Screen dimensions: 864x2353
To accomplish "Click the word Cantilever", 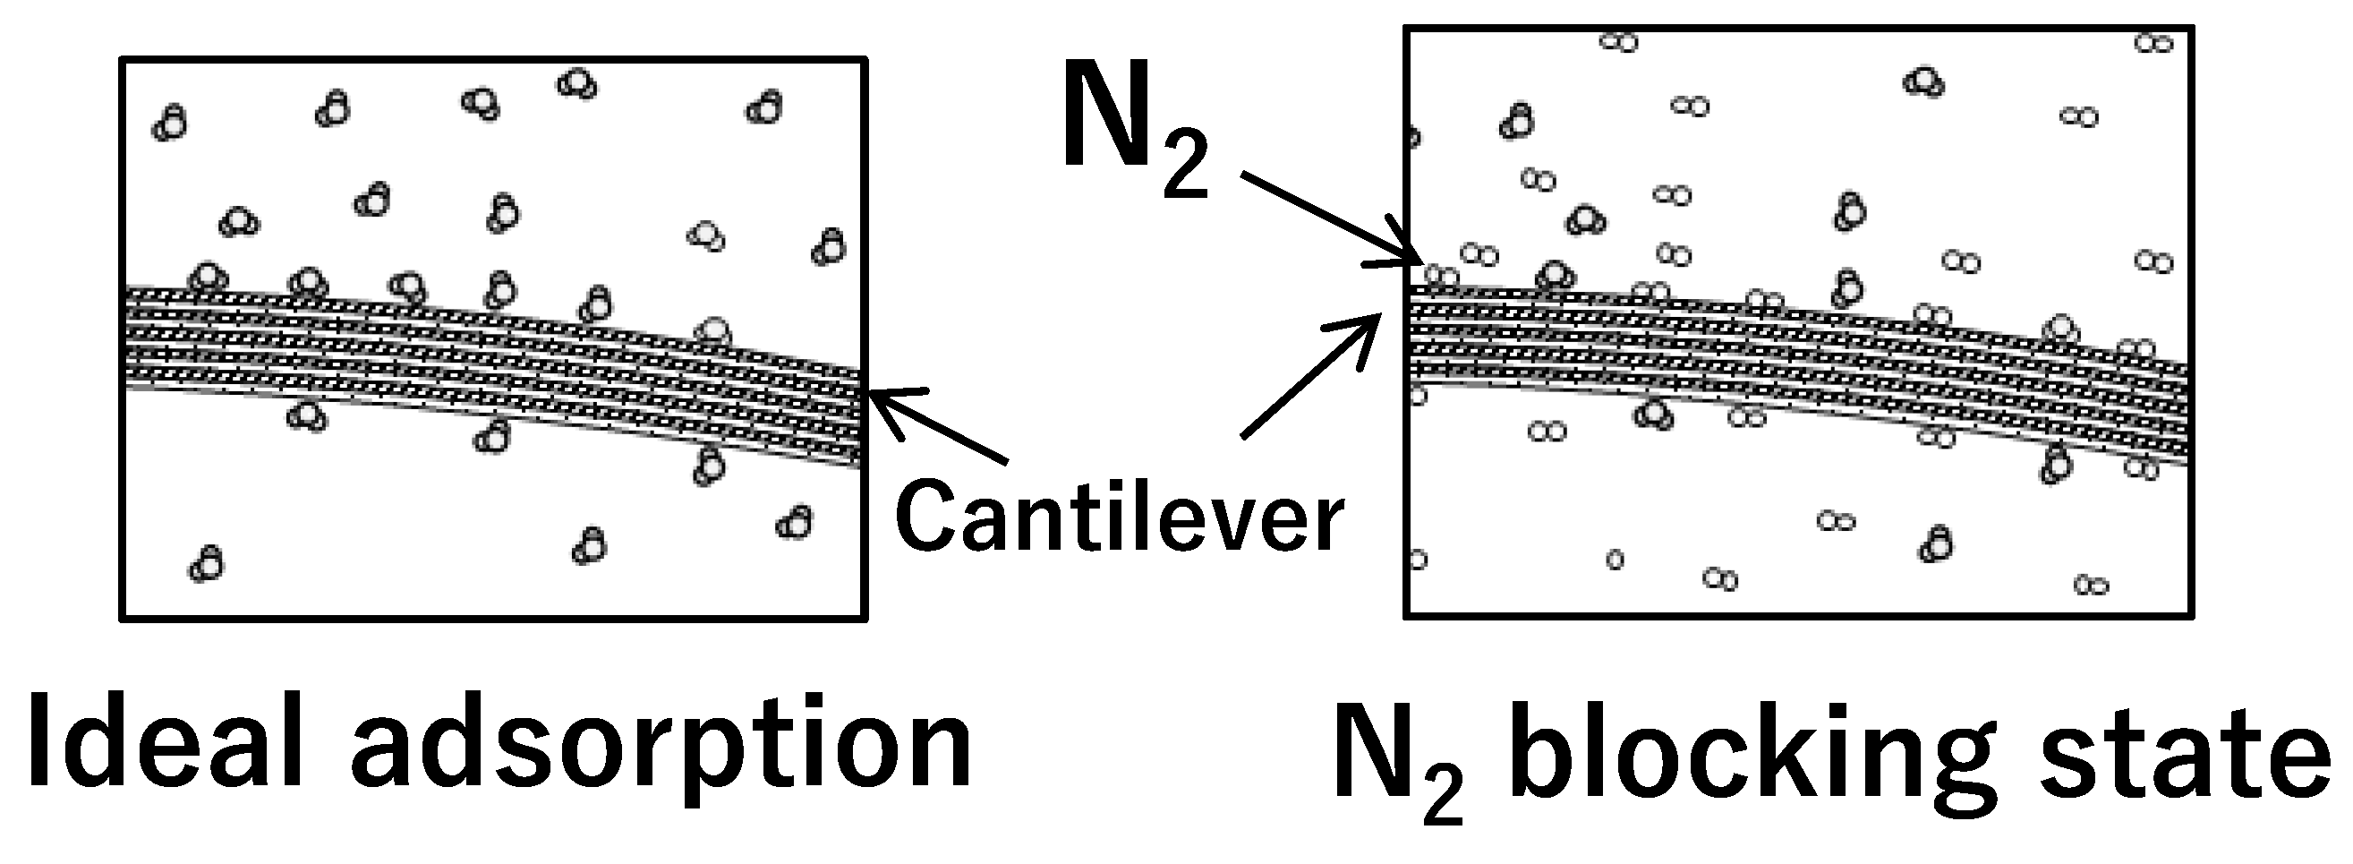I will click(1120, 518).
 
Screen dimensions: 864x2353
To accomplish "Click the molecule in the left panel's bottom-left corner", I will click(207, 564).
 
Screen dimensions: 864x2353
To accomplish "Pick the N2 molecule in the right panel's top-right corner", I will click(2153, 43).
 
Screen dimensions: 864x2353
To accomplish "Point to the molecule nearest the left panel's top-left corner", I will click(171, 123).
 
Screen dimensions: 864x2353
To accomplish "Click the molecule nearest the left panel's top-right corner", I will click(764, 107).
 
